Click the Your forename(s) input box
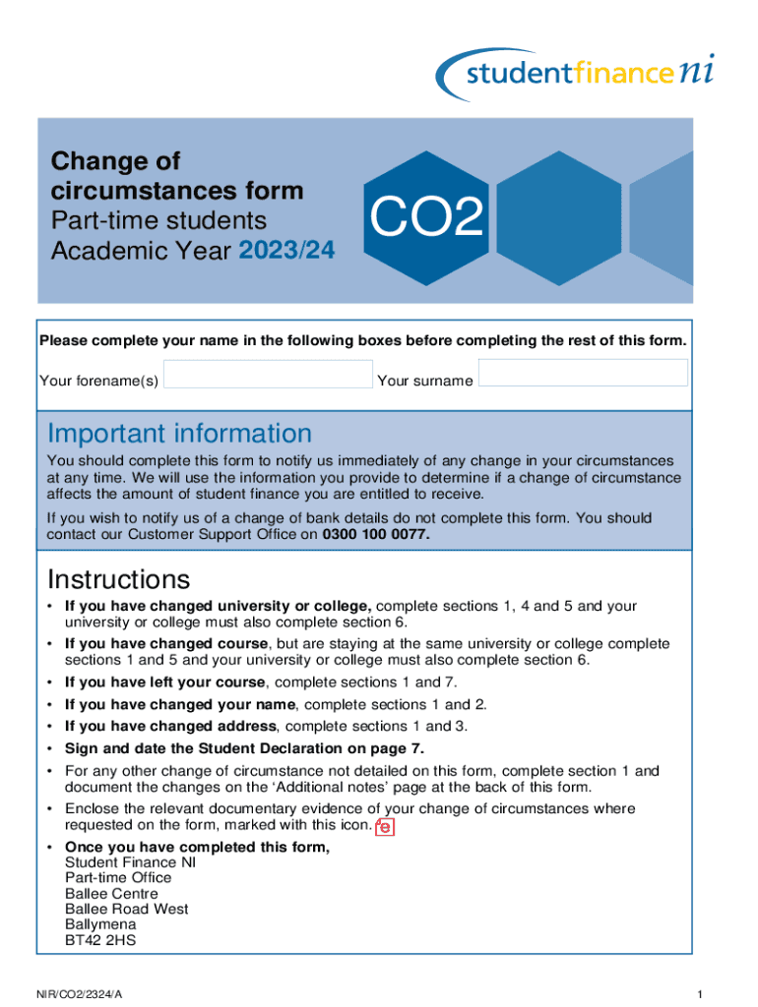(x=268, y=375)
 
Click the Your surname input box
(x=583, y=373)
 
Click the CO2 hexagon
(x=426, y=218)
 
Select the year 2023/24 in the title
(x=286, y=251)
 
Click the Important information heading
(x=179, y=434)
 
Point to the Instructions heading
(x=118, y=578)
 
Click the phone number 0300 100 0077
(x=376, y=535)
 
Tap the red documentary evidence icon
(x=385, y=827)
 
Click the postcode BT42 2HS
(x=100, y=940)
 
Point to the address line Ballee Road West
(x=126, y=909)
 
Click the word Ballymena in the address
(x=100, y=924)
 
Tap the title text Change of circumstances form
(x=177, y=175)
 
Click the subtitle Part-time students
(x=158, y=220)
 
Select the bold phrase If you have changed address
(x=170, y=727)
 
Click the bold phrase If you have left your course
(x=164, y=682)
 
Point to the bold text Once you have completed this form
(x=197, y=847)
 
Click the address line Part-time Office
(x=117, y=877)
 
